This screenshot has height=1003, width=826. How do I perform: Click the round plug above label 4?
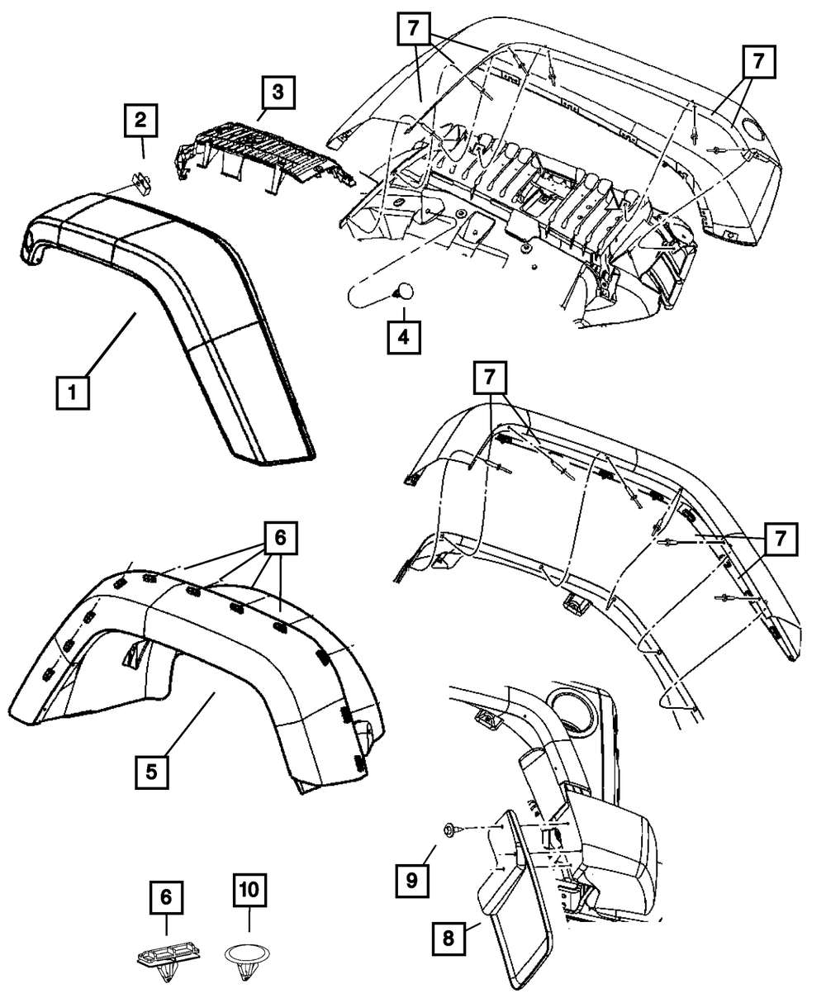point(403,292)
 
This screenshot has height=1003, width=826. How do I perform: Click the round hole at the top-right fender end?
point(752,129)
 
